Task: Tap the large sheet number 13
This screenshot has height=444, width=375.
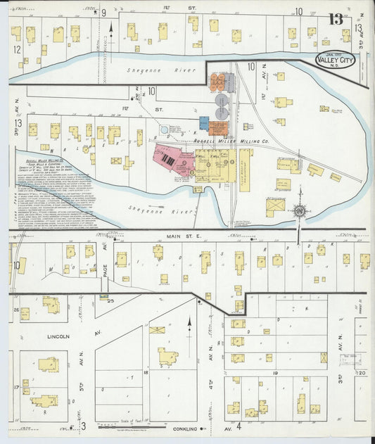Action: point(336,19)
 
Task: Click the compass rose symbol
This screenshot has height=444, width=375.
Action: point(299,209)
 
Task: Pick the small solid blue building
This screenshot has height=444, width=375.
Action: point(204,123)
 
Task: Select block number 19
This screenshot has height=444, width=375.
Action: point(275,374)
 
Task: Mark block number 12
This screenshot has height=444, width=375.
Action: point(16,49)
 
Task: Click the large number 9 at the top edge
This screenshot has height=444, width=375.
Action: point(103,13)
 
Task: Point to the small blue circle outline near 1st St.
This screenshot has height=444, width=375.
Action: point(165,129)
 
